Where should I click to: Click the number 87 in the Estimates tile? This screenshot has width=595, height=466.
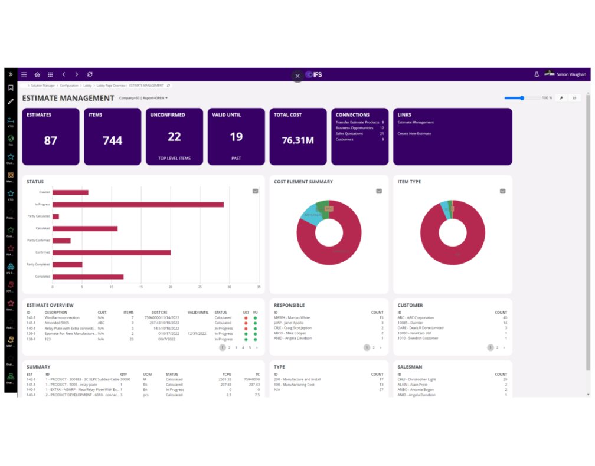(51, 140)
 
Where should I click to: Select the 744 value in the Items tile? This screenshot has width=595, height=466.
(112, 140)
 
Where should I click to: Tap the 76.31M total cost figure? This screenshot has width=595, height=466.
(297, 140)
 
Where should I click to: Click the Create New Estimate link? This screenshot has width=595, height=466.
(414, 134)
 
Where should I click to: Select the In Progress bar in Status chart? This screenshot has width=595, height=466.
(138, 204)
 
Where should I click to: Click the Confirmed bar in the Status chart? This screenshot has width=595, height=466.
(111, 252)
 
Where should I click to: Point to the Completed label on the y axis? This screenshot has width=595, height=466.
(42, 277)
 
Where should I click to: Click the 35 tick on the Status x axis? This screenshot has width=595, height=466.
(259, 288)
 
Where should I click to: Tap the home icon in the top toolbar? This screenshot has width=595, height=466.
(37, 75)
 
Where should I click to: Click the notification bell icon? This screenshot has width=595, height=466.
(537, 74)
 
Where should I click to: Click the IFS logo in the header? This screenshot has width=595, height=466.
(314, 75)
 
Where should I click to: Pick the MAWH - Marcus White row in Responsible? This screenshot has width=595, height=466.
(292, 318)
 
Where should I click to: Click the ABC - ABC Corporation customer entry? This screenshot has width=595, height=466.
(416, 318)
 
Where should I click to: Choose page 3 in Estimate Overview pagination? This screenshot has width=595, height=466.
(236, 348)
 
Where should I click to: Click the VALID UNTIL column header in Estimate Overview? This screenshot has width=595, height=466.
(198, 313)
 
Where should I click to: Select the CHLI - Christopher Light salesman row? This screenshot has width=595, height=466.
(417, 380)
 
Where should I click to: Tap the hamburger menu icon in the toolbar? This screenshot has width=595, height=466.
(24, 75)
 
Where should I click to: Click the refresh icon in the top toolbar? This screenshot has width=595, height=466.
(90, 75)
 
